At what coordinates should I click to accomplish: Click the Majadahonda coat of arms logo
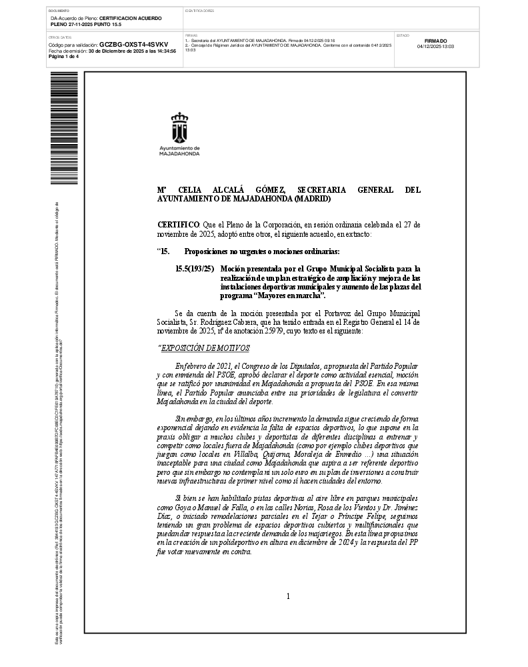tap(180, 127)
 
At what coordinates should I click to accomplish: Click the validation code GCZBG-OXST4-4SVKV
tap(125, 45)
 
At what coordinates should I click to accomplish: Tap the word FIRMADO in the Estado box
tap(435, 41)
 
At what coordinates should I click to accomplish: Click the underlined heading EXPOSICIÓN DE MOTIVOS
tap(205, 348)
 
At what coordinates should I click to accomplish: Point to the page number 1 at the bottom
tap(288, 596)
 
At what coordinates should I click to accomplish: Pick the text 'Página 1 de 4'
tap(64, 56)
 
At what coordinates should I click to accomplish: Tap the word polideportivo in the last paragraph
tap(280, 544)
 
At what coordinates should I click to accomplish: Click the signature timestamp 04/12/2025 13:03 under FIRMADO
tap(435, 47)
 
